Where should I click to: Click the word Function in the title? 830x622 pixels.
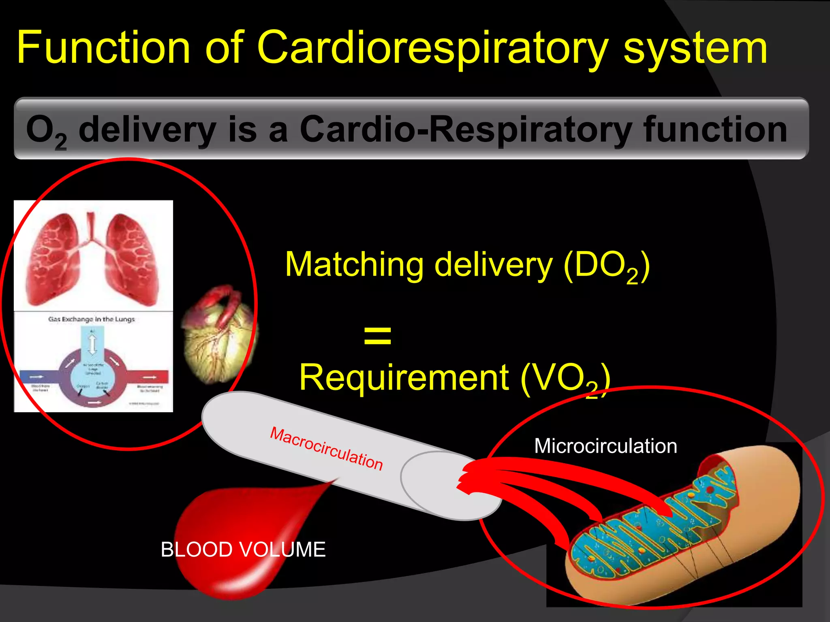(103, 48)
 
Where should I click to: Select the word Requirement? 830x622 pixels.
(404, 377)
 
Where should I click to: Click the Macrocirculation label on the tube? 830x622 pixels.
(327, 449)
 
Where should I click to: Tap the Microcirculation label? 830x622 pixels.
(605, 446)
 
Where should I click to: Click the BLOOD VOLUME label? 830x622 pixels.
(243, 550)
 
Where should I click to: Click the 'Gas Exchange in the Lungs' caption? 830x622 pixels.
(92, 319)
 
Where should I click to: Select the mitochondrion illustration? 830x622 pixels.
(685, 526)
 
